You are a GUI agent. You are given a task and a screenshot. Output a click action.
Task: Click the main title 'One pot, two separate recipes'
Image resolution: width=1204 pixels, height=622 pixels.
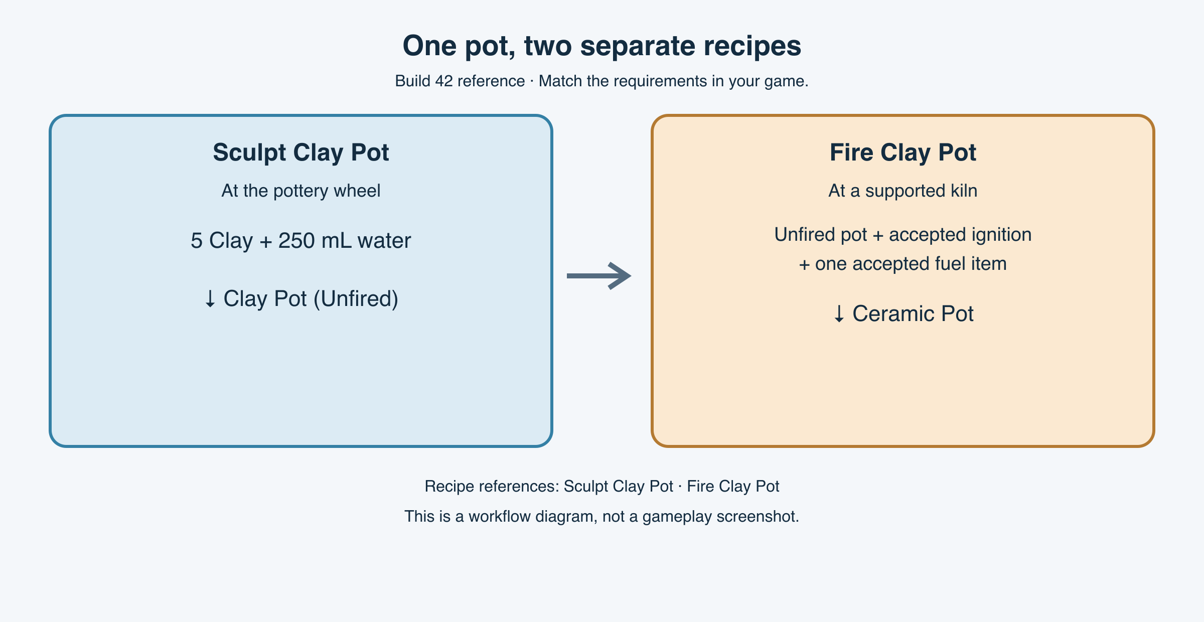pyautogui.click(x=602, y=46)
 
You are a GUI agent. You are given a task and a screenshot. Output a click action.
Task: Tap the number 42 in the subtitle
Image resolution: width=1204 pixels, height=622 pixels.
pyautogui.click(x=444, y=81)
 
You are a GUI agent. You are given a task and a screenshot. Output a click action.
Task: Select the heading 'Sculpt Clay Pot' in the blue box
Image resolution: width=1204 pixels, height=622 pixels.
pyautogui.click(x=301, y=152)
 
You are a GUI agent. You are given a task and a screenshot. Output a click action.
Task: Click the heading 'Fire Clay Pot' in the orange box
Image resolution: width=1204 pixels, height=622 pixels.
pyautogui.click(x=903, y=152)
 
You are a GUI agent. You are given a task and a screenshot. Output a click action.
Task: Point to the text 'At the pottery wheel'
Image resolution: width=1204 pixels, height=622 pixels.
pyautogui.click(x=301, y=191)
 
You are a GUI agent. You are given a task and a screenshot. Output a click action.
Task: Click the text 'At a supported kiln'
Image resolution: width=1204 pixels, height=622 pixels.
pyautogui.click(x=903, y=191)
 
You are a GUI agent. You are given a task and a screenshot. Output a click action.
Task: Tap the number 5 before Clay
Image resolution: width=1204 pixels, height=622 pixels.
pyautogui.click(x=197, y=241)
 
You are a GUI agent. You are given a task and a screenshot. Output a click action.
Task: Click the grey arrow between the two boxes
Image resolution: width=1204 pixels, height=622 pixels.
pyautogui.click(x=599, y=276)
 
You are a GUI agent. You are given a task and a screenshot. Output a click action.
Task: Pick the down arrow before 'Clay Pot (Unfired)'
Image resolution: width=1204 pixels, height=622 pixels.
pyautogui.click(x=210, y=299)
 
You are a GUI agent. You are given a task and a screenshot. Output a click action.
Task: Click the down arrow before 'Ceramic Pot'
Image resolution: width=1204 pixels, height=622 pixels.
pyautogui.click(x=839, y=315)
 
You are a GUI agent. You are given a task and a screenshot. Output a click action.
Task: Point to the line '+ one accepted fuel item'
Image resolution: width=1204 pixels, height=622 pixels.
pyautogui.click(x=903, y=264)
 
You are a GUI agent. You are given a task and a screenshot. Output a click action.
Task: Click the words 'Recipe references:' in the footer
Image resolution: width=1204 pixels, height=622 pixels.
pyautogui.click(x=492, y=486)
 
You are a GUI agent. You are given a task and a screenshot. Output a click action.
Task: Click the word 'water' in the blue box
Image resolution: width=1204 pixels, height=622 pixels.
pyautogui.click(x=384, y=241)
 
